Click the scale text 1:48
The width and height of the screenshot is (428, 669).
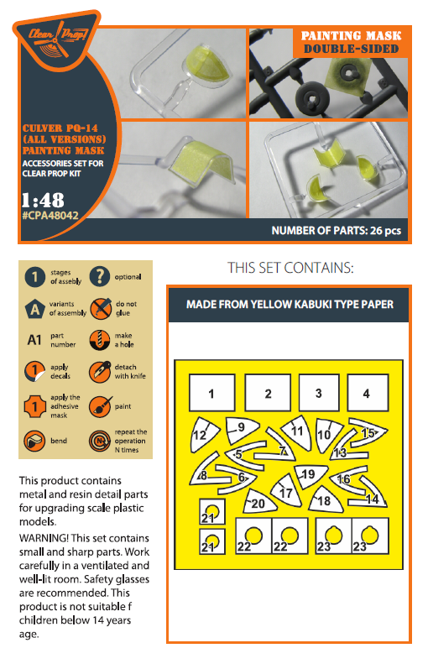coord(43,200)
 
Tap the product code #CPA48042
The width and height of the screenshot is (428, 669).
coord(50,216)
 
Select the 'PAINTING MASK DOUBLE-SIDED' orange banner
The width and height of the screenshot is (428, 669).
coord(351,42)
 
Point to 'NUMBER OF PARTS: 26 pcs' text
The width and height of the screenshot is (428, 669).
coord(337,231)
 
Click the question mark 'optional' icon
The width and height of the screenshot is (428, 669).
coord(100,276)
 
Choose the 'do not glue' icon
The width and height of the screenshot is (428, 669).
coord(101,308)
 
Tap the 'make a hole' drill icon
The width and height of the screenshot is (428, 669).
coord(100,340)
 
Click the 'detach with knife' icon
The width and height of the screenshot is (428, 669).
coord(100,372)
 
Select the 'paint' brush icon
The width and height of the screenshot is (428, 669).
coord(100,406)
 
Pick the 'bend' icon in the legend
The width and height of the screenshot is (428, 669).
coord(34,441)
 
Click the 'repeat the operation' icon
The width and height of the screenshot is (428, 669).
coord(100,441)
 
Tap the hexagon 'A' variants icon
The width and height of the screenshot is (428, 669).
coord(35,308)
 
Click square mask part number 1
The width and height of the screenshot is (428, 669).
coord(211,393)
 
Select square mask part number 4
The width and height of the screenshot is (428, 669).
coord(368,393)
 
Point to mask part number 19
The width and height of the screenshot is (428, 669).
coord(311,475)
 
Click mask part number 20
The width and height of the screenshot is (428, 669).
coord(258,502)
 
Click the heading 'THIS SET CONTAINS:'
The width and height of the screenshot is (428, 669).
coord(290,268)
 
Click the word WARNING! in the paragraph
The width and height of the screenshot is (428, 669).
coord(44,538)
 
